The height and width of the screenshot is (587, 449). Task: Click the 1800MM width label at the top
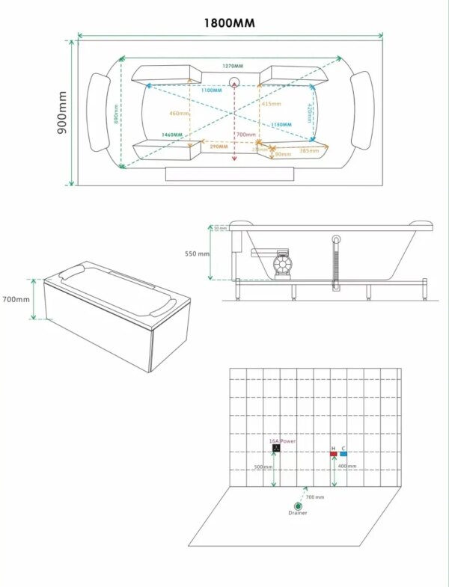pyautogui.click(x=230, y=23)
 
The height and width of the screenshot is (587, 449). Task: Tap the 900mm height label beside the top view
pyautogui.click(x=62, y=112)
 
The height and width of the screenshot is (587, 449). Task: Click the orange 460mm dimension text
pyautogui.click(x=180, y=114)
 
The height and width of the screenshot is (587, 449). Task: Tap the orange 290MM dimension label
pyautogui.click(x=219, y=146)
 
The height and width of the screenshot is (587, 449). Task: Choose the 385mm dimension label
pyautogui.click(x=309, y=150)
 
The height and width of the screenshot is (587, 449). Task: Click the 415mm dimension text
pyautogui.click(x=272, y=104)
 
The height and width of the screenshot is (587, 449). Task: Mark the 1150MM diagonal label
pyautogui.click(x=281, y=124)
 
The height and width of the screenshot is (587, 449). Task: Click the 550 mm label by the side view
pyautogui.click(x=198, y=253)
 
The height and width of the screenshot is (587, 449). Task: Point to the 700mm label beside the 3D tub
pyautogui.click(x=16, y=299)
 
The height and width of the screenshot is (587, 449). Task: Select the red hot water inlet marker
pyautogui.click(x=333, y=454)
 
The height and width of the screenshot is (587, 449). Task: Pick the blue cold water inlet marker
pyautogui.click(x=343, y=454)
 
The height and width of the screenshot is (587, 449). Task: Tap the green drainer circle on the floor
pyautogui.click(x=298, y=505)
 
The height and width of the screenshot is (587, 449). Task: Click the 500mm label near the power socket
pyautogui.click(x=263, y=467)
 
